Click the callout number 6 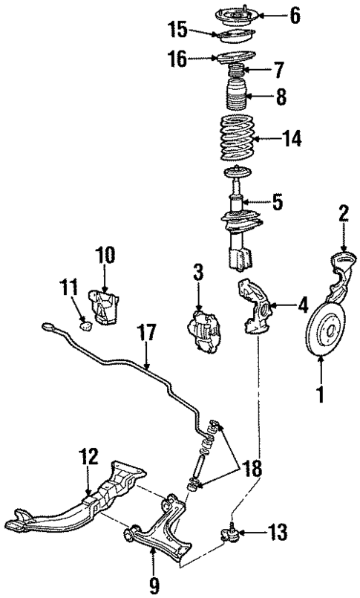coord(295,14)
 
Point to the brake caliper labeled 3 coord(204,331)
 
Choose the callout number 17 coord(148,332)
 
